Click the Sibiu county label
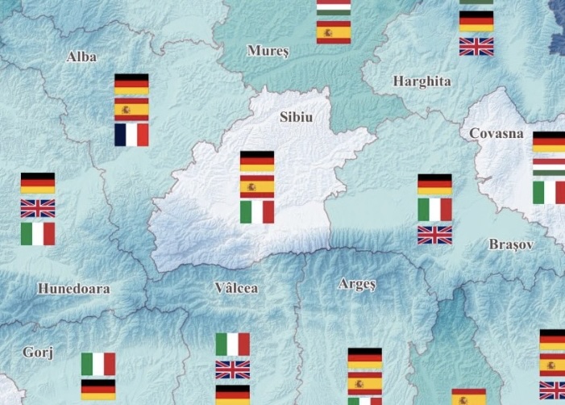[x=295, y=118]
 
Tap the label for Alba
[x=82, y=56]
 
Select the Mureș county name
[x=267, y=51]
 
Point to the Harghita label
[x=422, y=81]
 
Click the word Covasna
[x=496, y=134]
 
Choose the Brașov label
[x=510, y=244]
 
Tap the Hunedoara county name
[x=73, y=288]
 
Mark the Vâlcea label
[x=236, y=288]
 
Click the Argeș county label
[x=358, y=284]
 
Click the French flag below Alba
[x=131, y=135]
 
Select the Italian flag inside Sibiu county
[x=257, y=212]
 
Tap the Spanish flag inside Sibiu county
[x=257, y=187]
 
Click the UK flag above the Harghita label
[x=476, y=47]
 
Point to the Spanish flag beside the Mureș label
[x=333, y=33]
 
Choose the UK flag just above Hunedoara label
[x=38, y=209]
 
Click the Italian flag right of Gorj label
[x=98, y=364]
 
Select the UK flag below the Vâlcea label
[x=233, y=370]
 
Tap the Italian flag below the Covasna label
[x=549, y=193]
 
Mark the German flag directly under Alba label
[x=131, y=84]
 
